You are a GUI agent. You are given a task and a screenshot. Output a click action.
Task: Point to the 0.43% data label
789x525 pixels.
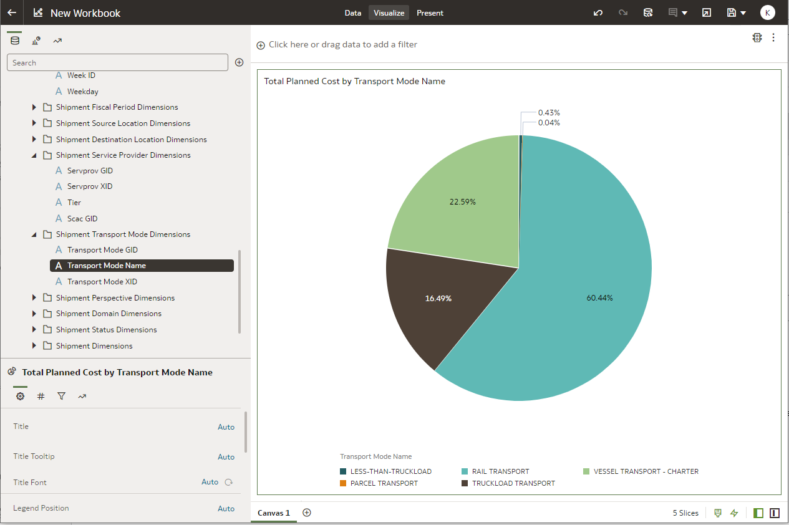click(x=549, y=113)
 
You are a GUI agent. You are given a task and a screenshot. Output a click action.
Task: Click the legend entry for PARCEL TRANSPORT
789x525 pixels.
click(x=384, y=483)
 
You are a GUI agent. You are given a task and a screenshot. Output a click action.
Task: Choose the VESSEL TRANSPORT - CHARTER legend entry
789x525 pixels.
click(x=646, y=471)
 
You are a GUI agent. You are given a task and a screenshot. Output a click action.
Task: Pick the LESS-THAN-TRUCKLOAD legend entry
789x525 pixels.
click(x=390, y=471)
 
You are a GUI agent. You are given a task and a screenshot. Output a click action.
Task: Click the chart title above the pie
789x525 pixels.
click(x=354, y=81)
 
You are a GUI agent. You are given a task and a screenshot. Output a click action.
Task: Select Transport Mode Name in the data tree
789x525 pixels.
click(x=107, y=266)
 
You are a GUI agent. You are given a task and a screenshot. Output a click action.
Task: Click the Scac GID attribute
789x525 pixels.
click(x=82, y=219)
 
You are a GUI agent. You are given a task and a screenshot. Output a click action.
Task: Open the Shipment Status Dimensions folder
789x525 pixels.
click(x=106, y=330)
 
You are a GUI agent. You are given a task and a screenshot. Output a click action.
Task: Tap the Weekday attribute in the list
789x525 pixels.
click(x=83, y=92)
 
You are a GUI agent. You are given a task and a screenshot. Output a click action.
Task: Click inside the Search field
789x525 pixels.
click(x=117, y=62)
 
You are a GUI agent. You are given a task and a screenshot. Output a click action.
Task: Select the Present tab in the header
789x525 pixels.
click(x=430, y=12)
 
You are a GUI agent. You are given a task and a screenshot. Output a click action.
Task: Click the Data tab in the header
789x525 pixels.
click(x=353, y=12)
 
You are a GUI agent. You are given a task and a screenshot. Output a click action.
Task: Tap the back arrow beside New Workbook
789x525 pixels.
click(x=12, y=12)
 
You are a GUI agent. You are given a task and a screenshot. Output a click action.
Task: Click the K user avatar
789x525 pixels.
click(x=768, y=12)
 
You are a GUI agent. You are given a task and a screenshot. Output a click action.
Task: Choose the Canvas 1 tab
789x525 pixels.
click(x=274, y=513)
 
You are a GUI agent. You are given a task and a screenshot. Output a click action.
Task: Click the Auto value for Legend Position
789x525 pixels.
click(x=226, y=509)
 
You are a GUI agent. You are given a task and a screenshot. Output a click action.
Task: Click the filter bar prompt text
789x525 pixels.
click(x=343, y=45)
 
